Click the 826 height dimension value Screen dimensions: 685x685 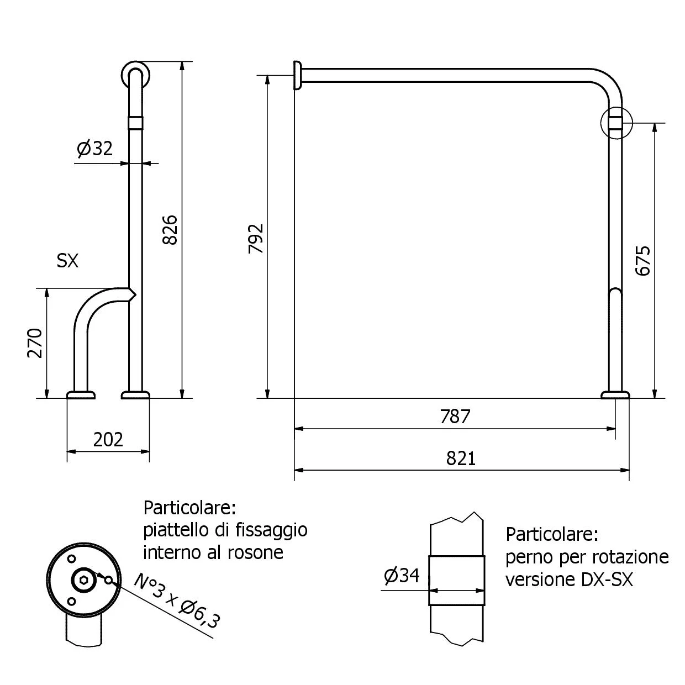[x=170, y=230]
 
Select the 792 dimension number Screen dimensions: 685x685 [x=256, y=239]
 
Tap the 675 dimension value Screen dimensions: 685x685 [x=642, y=261]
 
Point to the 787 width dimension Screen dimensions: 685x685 [x=455, y=417]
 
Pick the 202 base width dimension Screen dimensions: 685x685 [x=108, y=440]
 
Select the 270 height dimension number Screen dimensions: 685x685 [x=35, y=343]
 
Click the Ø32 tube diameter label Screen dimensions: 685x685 [x=94, y=148]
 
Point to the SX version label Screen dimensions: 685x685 [x=67, y=261]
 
